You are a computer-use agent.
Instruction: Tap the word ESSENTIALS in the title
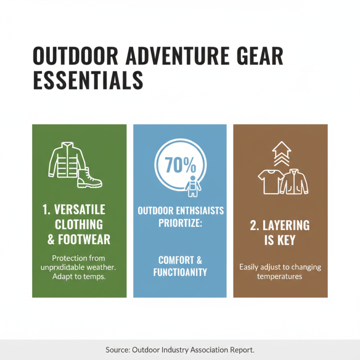(x=88, y=81)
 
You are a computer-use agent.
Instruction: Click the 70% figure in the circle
(x=180, y=165)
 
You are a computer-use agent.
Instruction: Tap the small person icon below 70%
(x=193, y=186)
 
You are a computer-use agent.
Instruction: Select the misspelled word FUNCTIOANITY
(x=180, y=272)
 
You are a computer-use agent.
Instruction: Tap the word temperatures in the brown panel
(x=279, y=276)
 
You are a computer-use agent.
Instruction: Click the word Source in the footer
(x=117, y=349)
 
